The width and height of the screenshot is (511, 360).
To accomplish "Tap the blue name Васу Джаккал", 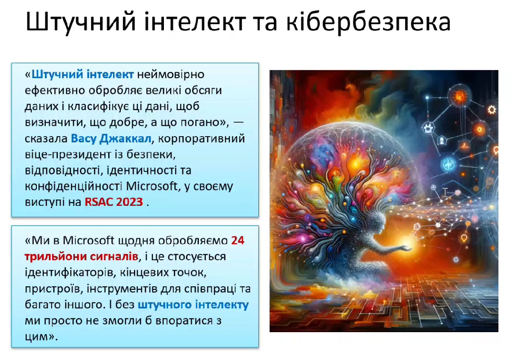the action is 111,138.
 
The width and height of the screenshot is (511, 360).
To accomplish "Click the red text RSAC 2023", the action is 114,202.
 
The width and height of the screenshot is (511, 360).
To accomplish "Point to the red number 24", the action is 238,240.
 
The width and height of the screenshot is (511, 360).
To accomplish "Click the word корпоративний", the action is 202,139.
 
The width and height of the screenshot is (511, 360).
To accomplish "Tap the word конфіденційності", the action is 74,186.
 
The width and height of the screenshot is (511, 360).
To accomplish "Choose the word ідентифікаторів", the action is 69,272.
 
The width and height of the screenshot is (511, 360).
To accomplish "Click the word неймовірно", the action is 171,74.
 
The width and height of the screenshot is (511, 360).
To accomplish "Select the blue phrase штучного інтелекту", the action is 193,305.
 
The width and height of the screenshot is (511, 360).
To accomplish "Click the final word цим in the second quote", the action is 37,337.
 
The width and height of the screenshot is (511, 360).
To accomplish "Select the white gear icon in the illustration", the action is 492,110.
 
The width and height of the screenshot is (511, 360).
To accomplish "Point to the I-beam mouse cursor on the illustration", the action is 445,192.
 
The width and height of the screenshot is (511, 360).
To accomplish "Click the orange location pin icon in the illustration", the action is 464,238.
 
